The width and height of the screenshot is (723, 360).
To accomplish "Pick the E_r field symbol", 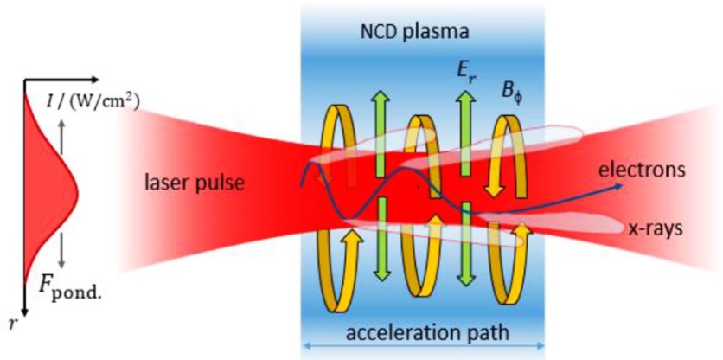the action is (x=466, y=74).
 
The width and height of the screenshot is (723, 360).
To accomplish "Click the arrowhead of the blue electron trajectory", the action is (x=618, y=185).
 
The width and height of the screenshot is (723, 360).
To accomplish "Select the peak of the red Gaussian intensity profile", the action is (x=78, y=193).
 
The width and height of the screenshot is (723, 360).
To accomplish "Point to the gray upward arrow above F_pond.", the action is (x=61, y=137).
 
